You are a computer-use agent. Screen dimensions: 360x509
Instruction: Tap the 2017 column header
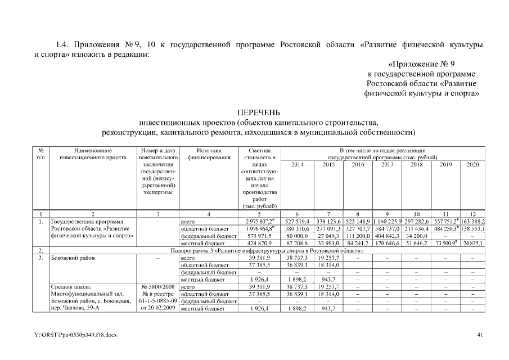coord(388,164)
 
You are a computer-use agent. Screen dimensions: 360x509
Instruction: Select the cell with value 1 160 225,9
coord(386,222)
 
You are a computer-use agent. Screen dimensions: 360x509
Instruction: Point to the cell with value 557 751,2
coord(444,222)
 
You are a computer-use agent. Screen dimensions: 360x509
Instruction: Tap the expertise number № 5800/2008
coord(158,287)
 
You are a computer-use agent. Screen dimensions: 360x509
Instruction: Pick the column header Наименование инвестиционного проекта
coord(92,154)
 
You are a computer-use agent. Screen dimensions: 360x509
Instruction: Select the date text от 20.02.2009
coord(158,309)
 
